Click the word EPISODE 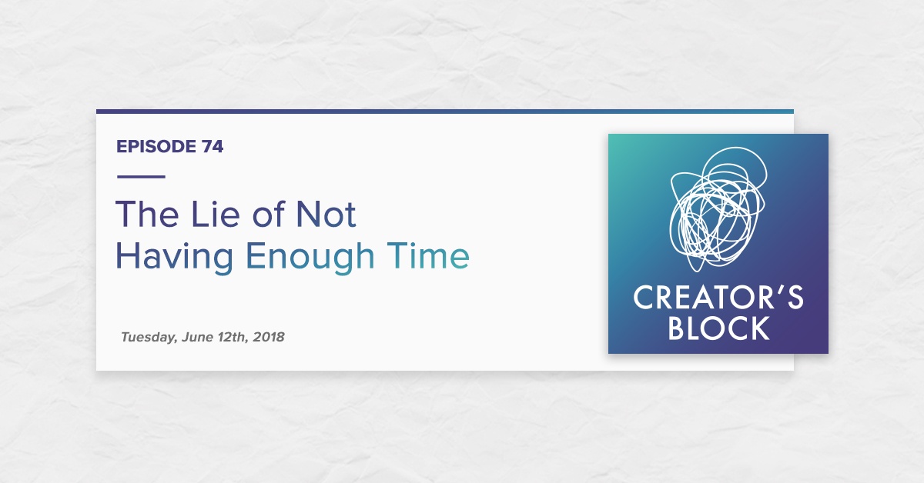coord(156,147)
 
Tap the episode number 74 coord(213,147)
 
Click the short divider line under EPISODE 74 coord(141,177)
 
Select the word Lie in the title coord(215,214)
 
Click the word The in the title coord(147,214)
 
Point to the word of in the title coord(269,214)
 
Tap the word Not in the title coord(326,215)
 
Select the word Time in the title coord(428,255)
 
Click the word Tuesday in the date coord(149,338)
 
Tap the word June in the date coord(197,337)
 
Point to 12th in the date coord(233,338)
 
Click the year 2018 coord(269,337)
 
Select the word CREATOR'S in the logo coord(718,297)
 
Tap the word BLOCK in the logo coord(718,328)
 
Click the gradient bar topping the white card coord(445,112)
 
